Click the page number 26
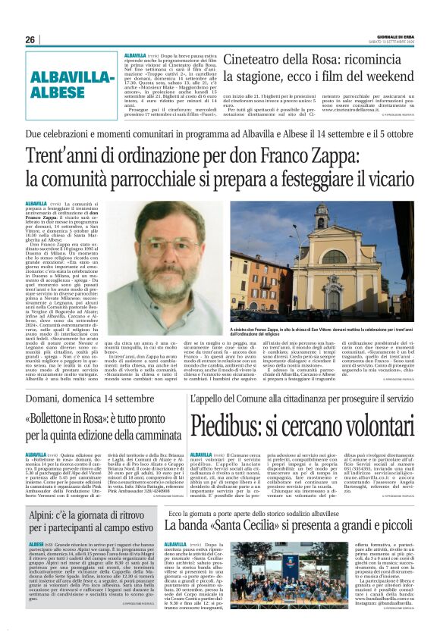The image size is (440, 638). pos(30,39)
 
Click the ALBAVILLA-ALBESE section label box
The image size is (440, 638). pos(69,84)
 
